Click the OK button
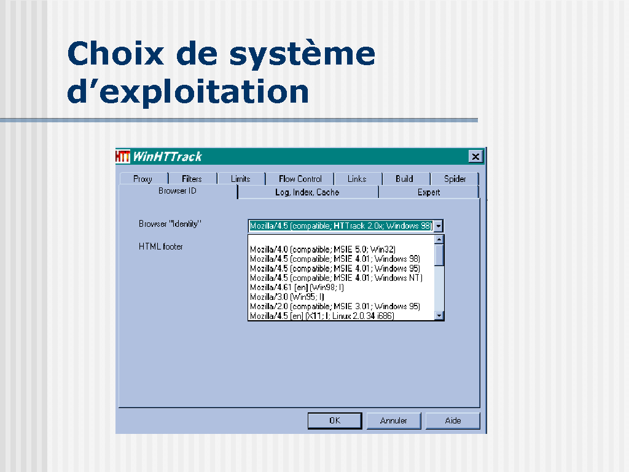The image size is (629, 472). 335,420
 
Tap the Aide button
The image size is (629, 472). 453,420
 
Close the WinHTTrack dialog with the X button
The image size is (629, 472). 475,157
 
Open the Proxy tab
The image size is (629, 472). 143,179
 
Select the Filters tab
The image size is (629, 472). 192,179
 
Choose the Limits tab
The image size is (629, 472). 241,179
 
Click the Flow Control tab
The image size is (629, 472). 300,179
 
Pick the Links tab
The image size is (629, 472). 357,179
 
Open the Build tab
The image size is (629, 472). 404,179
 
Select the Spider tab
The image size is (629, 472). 455,179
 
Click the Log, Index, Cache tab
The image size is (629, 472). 307,192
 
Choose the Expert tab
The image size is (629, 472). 429,192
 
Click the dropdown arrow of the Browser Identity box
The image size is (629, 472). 439,226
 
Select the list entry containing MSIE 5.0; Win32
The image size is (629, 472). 323,250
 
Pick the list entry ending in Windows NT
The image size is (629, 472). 336,278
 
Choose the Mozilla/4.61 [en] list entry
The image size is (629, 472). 297,288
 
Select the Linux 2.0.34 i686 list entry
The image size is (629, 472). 322,316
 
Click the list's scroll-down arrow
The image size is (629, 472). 439,315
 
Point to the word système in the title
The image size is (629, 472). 302,54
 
